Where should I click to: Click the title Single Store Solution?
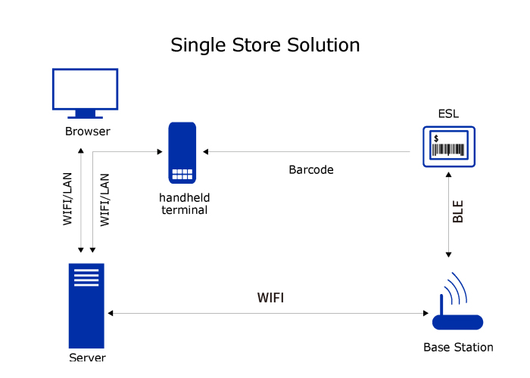pyautogui.click(x=265, y=45)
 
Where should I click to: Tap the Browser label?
pyautogui.click(x=87, y=132)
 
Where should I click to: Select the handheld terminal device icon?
pyautogui.click(x=182, y=153)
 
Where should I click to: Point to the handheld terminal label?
pyautogui.click(x=184, y=203)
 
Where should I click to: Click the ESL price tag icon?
pyautogui.click(x=449, y=146)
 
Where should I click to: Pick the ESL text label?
pyautogui.click(x=448, y=114)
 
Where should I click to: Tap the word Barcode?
pyautogui.click(x=311, y=169)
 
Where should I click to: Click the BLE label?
pyautogui.click(x=458, y=211)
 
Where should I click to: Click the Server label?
pyautogui.click(x=87, y=357)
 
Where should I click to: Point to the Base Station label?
pyautogui.click(x=458, y=348)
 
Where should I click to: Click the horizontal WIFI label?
pyautogui.click(x=271, y=297)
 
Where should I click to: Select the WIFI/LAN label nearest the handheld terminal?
pyautogui.click(x=105, y=200)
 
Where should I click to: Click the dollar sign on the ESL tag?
pyautogui.click(x=437, y=138)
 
